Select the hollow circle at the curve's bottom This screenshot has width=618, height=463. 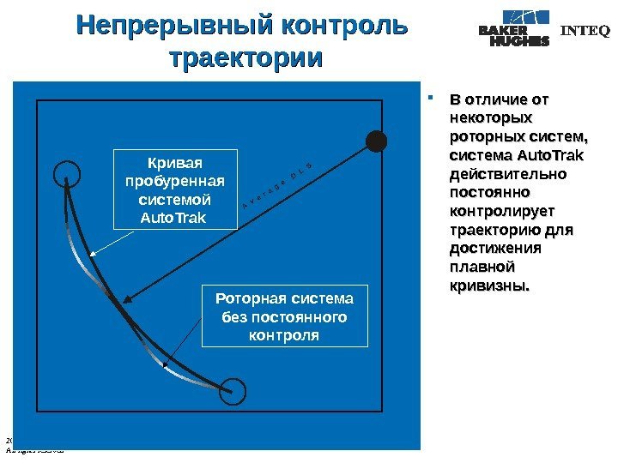click(x=232, y=391)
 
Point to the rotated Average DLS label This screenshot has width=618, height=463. click(x=276, y=183)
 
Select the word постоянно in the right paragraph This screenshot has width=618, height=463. click(x=488, y=192)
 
